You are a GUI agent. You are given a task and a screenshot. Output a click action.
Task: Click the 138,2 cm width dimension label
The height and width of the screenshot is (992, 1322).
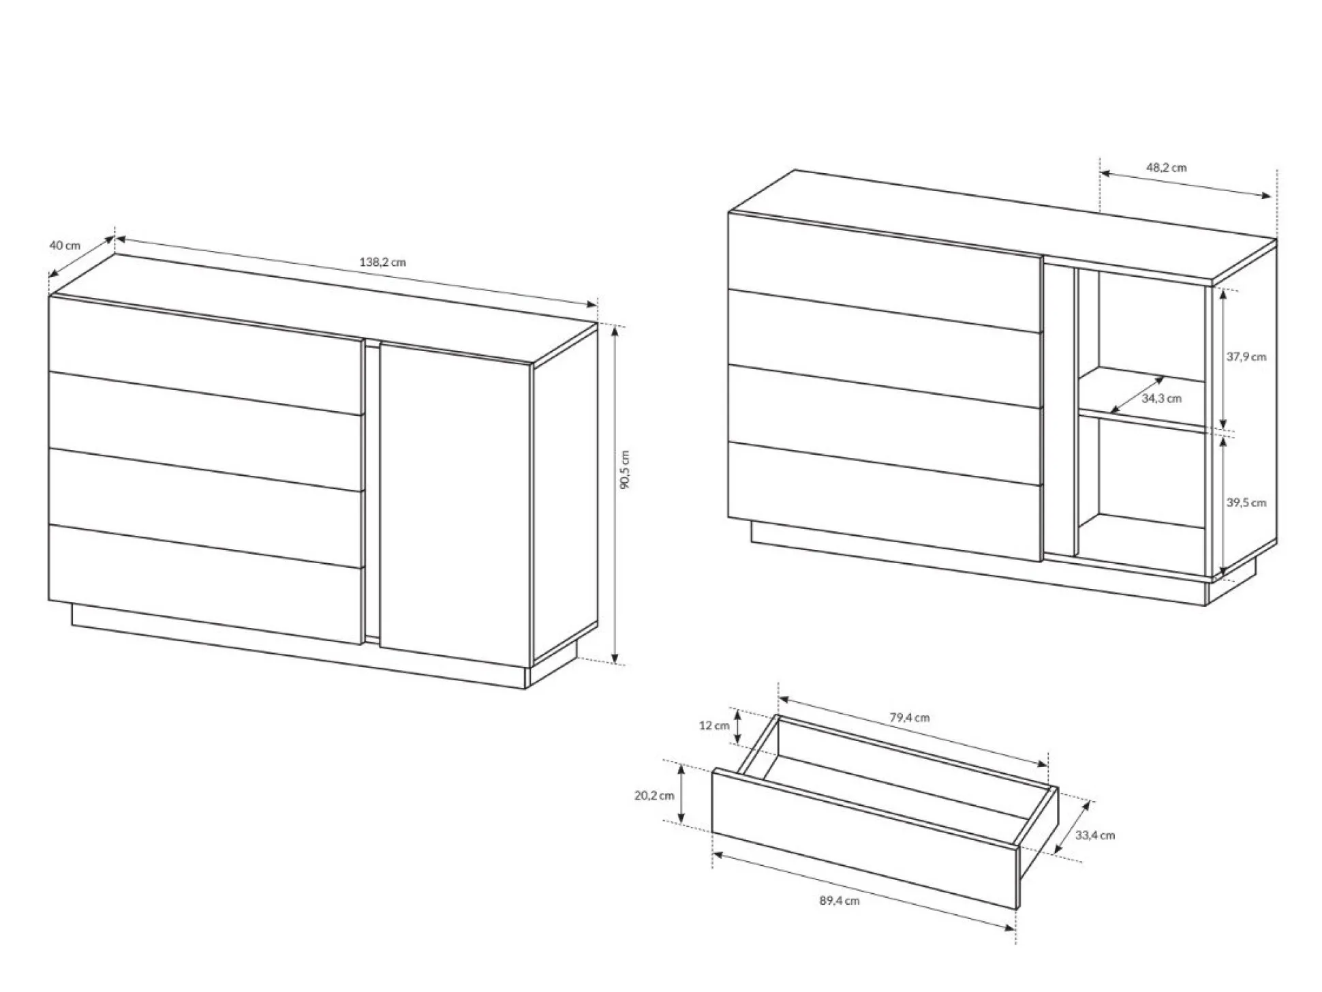tap(382, 262)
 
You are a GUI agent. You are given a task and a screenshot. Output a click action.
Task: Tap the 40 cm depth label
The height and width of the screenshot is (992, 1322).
tap(65, 245)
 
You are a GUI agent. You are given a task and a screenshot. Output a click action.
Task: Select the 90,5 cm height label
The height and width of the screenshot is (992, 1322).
tap(626, 469)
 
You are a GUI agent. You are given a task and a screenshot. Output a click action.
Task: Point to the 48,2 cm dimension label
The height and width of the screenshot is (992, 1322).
tap(1166, 167)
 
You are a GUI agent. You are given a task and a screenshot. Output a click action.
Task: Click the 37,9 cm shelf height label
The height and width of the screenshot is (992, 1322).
tap(1246, 357)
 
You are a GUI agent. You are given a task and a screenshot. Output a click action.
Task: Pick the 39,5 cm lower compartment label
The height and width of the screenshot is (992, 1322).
tap(1246, 502)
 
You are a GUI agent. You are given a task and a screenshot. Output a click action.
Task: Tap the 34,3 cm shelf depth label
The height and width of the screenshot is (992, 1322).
tap(1162, 398)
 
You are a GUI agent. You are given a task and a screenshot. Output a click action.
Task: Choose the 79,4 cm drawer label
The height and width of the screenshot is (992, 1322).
tap(910, 717)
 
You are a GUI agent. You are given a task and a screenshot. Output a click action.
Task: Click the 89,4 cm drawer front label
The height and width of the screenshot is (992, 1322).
tap(840, 901)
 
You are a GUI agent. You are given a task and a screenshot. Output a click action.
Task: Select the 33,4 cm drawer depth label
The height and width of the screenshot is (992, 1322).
tap(1095, 835)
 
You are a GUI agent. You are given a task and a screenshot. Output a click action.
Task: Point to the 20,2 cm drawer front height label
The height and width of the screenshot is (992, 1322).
tap(654, 795)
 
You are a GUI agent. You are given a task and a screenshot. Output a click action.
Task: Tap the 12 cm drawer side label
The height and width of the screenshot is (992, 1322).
tap(714, 725)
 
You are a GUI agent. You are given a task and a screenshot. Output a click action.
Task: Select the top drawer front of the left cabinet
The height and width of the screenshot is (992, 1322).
tap(205, 355)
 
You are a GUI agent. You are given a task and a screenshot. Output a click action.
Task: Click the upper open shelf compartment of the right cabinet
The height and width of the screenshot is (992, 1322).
tap(1142, 348)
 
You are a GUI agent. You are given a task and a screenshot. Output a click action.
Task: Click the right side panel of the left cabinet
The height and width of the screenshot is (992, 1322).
tap(565, 494)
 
